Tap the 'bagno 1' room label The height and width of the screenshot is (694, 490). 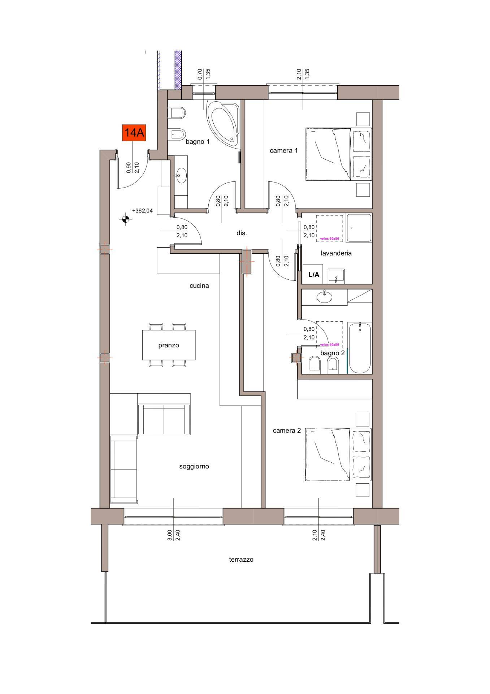(198, 142)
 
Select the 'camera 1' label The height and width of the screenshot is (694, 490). (284, 150)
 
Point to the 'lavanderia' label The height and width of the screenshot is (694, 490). (336, 253)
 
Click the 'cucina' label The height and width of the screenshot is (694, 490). (199, 286)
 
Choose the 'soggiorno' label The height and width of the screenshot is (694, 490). (194, 466)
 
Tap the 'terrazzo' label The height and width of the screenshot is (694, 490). (241, 560)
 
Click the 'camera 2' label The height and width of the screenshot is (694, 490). (287, 430)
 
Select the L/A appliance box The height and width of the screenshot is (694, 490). (314, 274)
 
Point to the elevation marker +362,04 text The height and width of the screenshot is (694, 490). (143, 210)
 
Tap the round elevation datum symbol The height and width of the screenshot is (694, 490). (125, 218)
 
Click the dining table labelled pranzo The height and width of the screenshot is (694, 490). (169, 345)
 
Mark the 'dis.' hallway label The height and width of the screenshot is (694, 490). (242, 234)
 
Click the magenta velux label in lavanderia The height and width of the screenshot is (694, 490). (329, 239)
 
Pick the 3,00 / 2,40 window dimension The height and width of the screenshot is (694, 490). (173, 535)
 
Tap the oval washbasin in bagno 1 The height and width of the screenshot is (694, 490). (181, 176)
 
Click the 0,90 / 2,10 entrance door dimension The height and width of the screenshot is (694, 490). (133, 168)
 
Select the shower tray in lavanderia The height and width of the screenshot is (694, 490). (359, 228)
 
